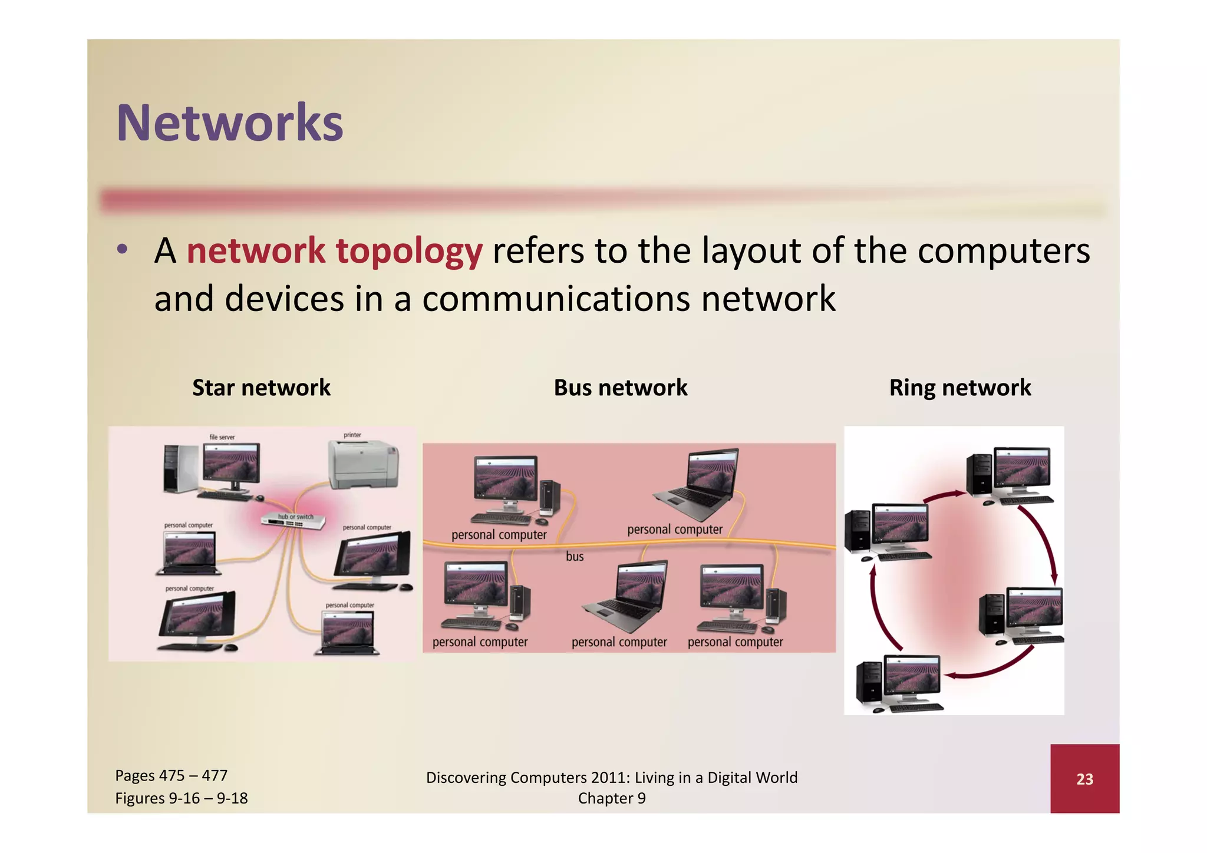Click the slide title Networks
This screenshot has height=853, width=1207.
pos(229,123)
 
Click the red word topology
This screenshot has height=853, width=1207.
pos(409,251)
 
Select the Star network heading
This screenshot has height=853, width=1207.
pos(261,388)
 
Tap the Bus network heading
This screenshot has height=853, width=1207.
pos(620,388)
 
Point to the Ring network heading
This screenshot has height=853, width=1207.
pos(959,388)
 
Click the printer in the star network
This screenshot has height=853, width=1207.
pos(363,465)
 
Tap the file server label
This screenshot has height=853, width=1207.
pos(222,437)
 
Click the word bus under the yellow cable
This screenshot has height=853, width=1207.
pos(574,556)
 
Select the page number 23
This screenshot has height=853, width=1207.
pos(1084,779)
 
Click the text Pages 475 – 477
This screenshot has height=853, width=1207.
pos(171,775)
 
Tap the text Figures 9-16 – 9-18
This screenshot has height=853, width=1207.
pos(181,798)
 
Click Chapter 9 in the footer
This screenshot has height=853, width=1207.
pos(611,798)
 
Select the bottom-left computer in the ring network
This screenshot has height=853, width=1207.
pos(899,683)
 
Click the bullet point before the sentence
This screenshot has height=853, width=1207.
pos(122,249)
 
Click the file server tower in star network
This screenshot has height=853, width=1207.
pos(180,468)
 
